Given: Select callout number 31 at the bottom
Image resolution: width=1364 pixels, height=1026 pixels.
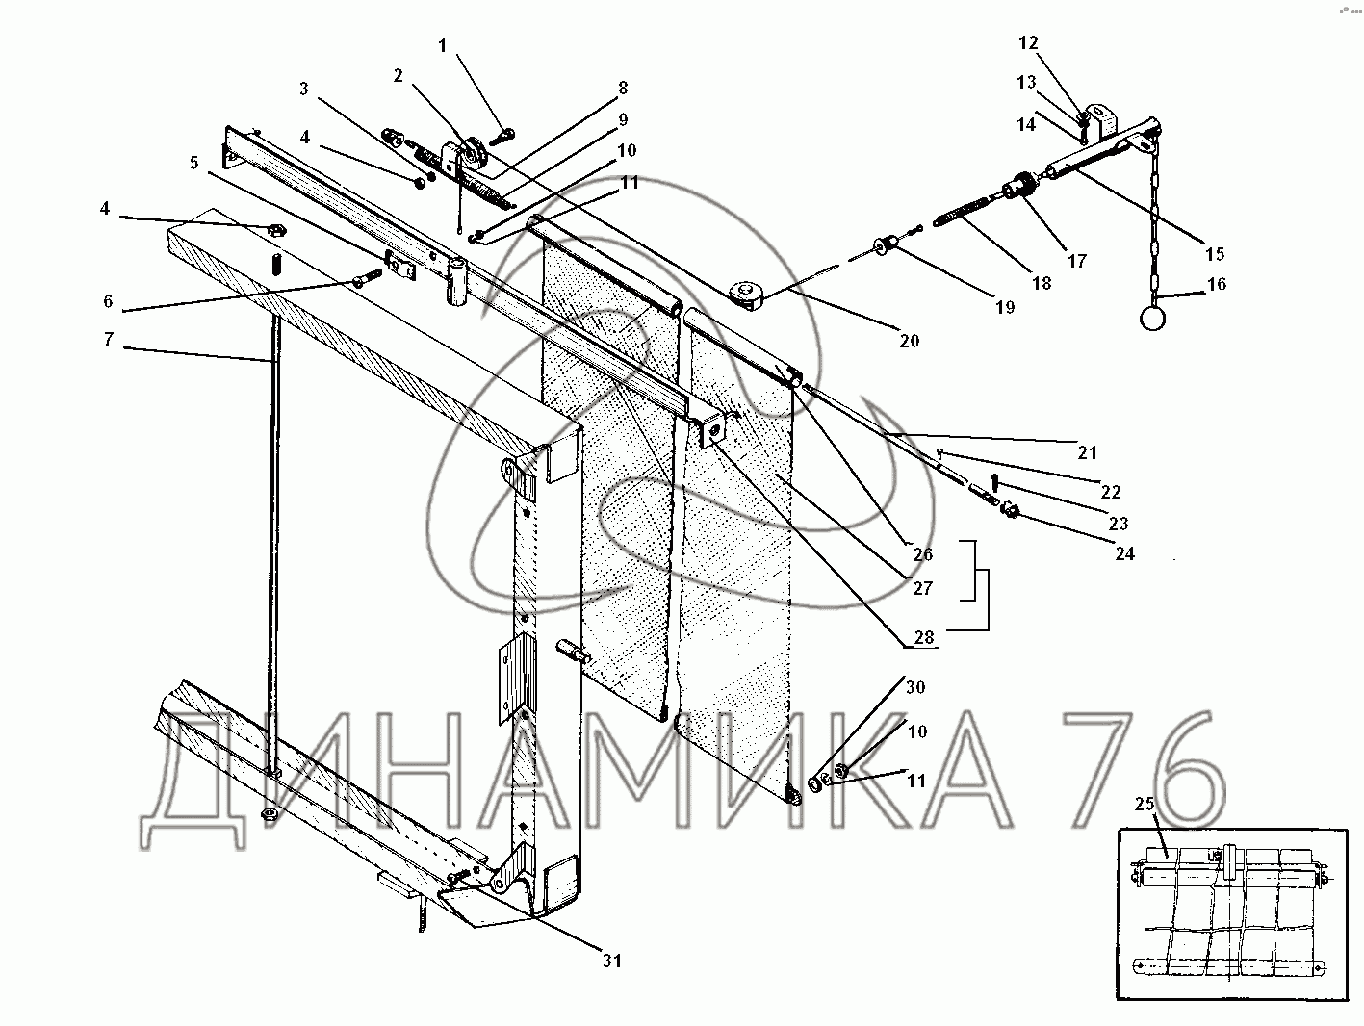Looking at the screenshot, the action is [612, 960].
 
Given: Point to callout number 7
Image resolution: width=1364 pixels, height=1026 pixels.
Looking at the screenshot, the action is [110, 339].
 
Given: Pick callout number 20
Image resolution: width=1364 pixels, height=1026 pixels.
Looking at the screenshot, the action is [909, 340].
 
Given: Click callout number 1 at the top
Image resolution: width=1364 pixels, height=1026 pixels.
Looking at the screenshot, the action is [443, 45].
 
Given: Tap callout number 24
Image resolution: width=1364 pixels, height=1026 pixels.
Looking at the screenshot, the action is [1123, 553].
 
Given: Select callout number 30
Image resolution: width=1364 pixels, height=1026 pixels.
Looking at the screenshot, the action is [914, 687].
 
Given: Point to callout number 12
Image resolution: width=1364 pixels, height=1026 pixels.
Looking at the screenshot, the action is [1028, 42].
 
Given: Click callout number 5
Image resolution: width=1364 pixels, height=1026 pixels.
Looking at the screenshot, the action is [194, 163].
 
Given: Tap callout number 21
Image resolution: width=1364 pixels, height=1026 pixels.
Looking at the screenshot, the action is [1087, 452].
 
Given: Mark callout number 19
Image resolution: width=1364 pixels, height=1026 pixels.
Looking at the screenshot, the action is [1004, 308].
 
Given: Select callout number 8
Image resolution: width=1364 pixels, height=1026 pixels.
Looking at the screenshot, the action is [622, 88].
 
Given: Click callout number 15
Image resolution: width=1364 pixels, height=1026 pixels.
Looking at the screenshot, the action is [1214, 253].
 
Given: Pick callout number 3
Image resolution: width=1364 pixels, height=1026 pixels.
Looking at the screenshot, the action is [303, 90].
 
